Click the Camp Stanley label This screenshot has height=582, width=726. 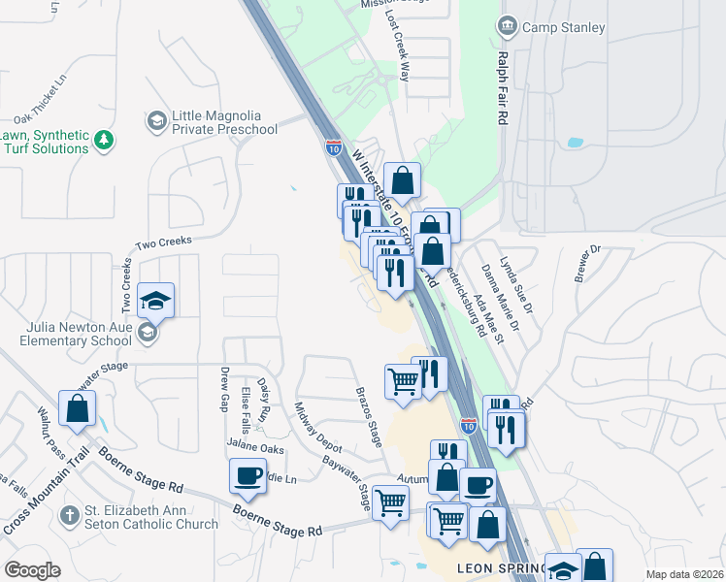coord(564,27)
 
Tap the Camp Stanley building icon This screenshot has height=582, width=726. coord(506,26)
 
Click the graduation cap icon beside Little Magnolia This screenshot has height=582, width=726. coord(155,121)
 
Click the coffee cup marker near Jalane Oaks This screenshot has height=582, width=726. coord(247,476)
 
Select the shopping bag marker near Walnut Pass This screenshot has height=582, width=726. coord(77,408)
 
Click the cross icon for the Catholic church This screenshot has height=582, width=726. coord(67,516)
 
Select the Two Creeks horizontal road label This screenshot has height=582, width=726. coord(164,241)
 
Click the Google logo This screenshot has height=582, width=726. coord(32,570)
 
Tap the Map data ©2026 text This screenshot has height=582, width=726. coord(684,574)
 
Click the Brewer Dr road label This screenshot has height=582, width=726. coord(589,262)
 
